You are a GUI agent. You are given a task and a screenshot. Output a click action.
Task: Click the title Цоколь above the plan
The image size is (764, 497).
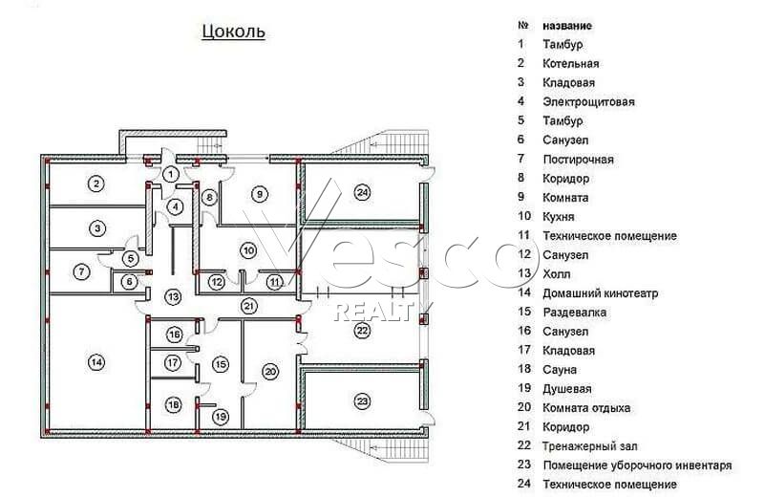click(233, 32)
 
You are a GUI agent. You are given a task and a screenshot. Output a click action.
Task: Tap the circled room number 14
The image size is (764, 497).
click(96, 362)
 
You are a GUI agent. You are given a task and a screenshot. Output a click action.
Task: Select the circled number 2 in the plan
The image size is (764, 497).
click(96, 184)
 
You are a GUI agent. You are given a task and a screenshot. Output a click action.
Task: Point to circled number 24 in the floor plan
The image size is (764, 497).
click(362, 192)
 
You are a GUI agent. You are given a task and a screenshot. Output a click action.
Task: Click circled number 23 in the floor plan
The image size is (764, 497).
click(362, 401)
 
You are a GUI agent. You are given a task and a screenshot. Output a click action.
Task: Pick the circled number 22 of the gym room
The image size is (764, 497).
click(362, 331)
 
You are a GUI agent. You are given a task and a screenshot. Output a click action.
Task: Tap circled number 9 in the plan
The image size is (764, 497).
click(260, 194)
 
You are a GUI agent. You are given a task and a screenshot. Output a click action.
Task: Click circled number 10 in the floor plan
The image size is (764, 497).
click(249, 250)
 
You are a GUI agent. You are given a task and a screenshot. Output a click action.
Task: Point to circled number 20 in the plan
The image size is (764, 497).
click(270, 372)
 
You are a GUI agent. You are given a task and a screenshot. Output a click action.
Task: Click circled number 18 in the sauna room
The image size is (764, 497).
click(174, 405)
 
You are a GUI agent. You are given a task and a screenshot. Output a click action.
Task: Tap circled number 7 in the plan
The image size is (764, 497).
click(81, 271)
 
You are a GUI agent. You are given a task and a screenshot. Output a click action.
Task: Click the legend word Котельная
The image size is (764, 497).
click(570, 63)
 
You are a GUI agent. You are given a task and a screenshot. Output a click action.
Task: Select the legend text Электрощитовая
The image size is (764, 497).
click(588, 102)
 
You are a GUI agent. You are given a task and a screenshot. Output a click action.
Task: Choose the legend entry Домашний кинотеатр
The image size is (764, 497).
click(601, 293)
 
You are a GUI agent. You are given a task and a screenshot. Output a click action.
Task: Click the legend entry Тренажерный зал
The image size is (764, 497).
click(590, 445)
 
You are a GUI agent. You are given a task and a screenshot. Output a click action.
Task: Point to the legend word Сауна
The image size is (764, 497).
click(560, 370)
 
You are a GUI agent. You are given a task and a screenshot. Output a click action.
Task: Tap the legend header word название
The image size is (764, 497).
click(567, 26)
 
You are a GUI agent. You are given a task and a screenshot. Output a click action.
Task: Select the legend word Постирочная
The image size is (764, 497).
click(579, 160)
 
